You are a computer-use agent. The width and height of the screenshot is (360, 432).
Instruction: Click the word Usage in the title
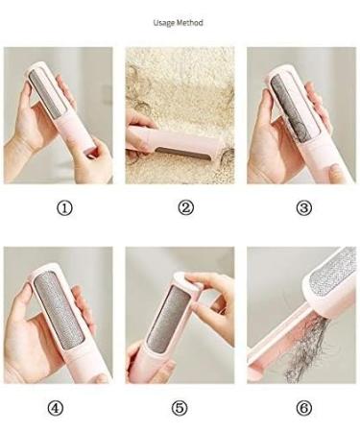point(165,22)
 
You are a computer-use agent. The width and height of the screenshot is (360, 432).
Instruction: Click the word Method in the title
point(192,22)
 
